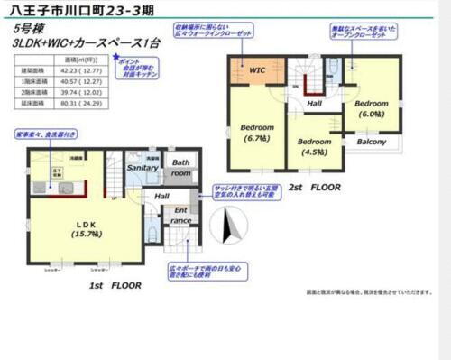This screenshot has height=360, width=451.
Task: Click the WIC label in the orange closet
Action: (x=256, y=69)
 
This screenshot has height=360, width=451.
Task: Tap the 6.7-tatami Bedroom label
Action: (x=256, y=132)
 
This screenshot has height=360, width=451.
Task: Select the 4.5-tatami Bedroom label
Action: (x=312, y=146)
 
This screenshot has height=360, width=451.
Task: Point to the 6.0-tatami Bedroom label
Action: (x=370, y=109)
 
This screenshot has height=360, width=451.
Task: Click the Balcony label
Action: (x=371, y=143)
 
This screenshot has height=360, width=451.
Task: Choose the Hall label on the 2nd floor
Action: (x=315, y=104)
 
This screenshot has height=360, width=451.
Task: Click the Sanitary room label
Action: (x=143, y=167)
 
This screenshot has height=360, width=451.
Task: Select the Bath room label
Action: (x=181, y=167)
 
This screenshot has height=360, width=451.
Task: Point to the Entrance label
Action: (x=180, y=216)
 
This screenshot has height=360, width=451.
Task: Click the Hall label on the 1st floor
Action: (x=161, y=196)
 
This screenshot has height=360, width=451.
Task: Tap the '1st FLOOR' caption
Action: (x=115, y=284)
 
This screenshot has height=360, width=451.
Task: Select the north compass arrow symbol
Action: (x=228, y=226)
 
